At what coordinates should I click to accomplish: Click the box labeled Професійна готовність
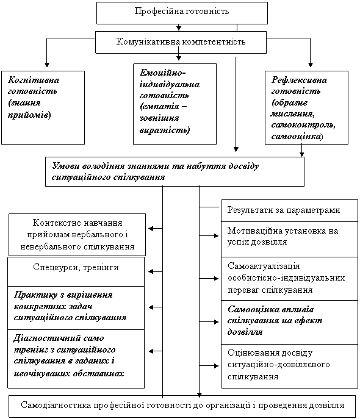[x=182, y=13]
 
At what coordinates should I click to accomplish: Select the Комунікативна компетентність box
[x=181, y=42]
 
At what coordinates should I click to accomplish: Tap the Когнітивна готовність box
[x=43, y=107]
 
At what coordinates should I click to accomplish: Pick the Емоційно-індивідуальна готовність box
[x=175, y=104]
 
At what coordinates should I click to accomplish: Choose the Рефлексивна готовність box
[x=306, y=107]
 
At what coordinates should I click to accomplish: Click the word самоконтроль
[x=303, y=125]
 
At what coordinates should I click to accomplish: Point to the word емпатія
[x=159, y=107]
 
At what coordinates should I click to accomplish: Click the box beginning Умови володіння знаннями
[x=175, y=171]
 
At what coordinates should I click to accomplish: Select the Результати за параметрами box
[x=289, y=210]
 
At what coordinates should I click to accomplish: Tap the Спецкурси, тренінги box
[x=76, y=272]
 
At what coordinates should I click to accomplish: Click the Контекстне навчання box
[x=77, y=235]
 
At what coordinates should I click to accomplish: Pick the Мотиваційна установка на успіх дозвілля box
[x=289, y=239]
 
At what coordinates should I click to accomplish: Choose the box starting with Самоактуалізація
[x=289, y=279]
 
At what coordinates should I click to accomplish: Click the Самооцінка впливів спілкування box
[x=289, y=322]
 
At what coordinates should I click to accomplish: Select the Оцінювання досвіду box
[x=289, y=366]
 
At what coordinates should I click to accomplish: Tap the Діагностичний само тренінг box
[x=76, y=359]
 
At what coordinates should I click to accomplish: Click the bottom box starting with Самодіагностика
[x=182, y=406]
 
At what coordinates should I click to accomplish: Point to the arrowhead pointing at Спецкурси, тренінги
[x=151, y=272]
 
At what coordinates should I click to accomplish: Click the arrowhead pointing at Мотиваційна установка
[x=216, y=235]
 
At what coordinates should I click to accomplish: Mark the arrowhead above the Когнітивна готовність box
[x=47, y=65]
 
